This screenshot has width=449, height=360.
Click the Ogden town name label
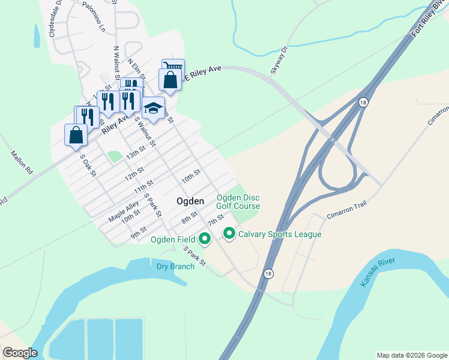pos(190,201)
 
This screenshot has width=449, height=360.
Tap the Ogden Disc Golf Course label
pos(238,202)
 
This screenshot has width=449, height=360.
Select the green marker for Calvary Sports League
pos(229,233)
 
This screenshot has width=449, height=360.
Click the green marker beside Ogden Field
pos(205,239)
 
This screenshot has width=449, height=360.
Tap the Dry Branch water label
pos(175,266)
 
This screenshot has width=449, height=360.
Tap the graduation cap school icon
pos(153,108)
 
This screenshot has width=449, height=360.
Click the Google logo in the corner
pos(20,353)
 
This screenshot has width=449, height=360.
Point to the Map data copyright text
pos(411,355)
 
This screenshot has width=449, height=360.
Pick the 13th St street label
pos(136,154)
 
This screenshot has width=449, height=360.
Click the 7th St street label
pos(215,220)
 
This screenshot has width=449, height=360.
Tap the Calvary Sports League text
pos(280,234)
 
